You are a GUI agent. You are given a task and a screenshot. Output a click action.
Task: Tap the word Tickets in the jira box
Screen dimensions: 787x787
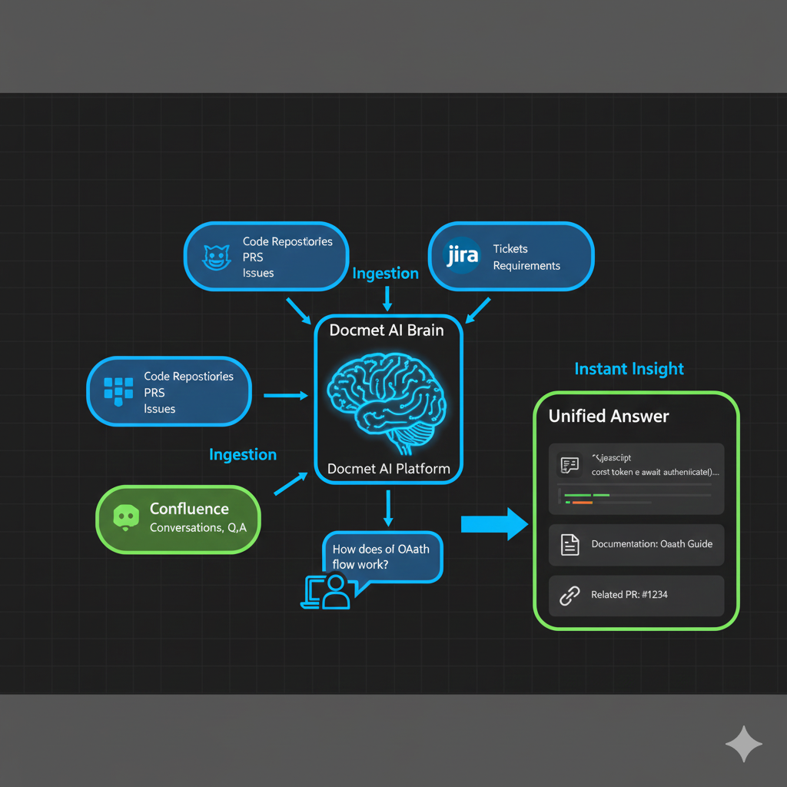[x=510, y=249]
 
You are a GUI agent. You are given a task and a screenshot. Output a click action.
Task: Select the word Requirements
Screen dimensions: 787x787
[x=526, y=266]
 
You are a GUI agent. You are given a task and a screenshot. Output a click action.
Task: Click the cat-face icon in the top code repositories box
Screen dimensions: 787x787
[x=213, y=257]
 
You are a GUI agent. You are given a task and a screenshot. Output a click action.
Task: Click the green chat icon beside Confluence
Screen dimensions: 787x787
[x=125, y=518]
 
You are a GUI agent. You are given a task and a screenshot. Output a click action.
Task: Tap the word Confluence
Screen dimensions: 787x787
[x=189, y=509]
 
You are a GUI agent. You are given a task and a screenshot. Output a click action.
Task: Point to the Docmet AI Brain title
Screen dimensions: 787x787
[x=387, y=330]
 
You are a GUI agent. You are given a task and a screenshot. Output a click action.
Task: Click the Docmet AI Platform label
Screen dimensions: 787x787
[x=388, y=468]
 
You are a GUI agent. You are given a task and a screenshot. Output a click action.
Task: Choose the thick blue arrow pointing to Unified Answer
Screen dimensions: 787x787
[x=494, y=525]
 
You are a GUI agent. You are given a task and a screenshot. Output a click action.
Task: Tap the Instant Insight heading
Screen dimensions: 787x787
[x=629, y=369]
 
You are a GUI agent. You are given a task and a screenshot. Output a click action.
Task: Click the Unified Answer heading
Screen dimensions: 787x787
[x=609, y=417]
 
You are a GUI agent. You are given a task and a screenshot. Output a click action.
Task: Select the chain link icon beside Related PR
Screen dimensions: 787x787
[x=569, y=596]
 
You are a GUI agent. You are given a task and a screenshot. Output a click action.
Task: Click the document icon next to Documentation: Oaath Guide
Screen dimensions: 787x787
[x=569, y=545]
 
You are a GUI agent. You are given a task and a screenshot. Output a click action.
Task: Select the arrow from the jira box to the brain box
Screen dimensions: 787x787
[x=478, y=309]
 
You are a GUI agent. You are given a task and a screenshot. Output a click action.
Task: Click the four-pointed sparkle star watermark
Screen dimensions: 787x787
[x=743, y=744]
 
